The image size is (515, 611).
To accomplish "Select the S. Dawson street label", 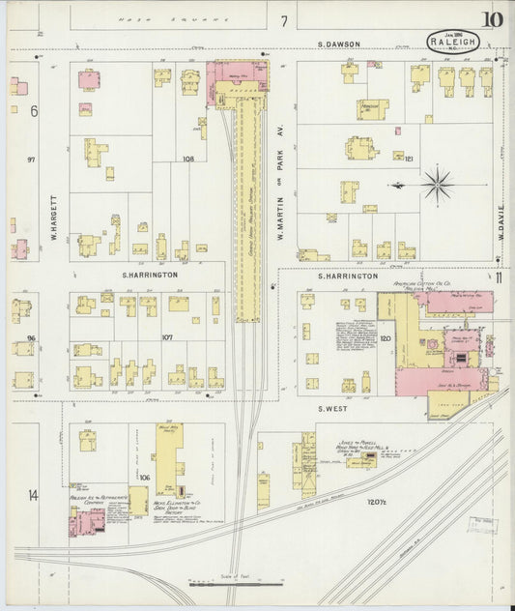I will (x=341, y=44).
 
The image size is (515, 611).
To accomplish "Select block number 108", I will (x=188, y=159).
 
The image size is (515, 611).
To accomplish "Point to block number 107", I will (x=166, y=337).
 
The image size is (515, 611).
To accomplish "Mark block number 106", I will (x=145, y=478).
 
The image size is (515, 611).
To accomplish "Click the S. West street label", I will (x=335, y=409).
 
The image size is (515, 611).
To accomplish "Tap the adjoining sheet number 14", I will (x=33, y=495).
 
